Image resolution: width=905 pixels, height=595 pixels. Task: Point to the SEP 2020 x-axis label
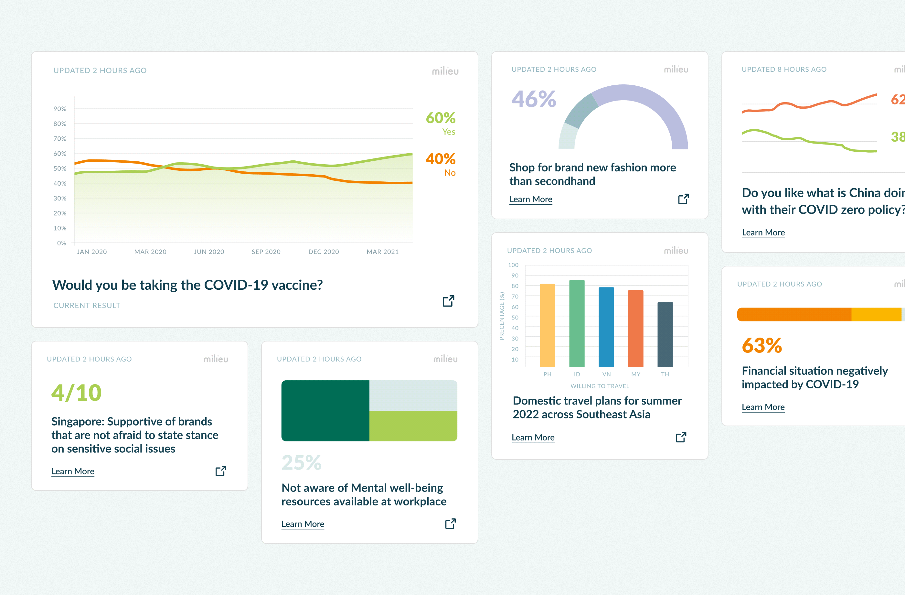pyautogui.click(x=266, y=252)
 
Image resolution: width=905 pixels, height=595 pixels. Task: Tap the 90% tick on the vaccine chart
pyautogui.click(x=60, y=109)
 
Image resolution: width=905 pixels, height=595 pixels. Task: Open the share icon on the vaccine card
pyautogui.click(x=448, y=301)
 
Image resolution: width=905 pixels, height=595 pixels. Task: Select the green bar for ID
pyautogui.click(x=577, y=323)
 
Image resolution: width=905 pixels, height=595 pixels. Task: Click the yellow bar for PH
pyautogui.click(x=548, y=325)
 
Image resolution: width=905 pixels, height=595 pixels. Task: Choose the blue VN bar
pyautogui.click(x=606, y=327)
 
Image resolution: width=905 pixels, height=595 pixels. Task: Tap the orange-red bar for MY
pyautogui.click(x=636, y=328)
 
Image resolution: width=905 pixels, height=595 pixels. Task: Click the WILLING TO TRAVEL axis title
pyautogui.click(x=600, y=386)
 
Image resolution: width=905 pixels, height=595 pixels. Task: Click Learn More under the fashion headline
pyautogui.click(x=530, y=199)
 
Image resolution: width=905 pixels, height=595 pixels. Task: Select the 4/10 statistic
pyautogui.click(x=76, y=393)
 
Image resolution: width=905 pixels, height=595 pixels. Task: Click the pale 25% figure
pyautogui.click(x=302, y=463)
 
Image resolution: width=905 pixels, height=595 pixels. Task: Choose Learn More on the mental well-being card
pyautogui.click(x=303, y=524)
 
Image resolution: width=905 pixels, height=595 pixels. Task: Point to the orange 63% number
pyautogui.click(x=761, y=345)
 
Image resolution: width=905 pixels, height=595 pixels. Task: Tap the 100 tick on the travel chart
pyautogui.click(x=513, y=265)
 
